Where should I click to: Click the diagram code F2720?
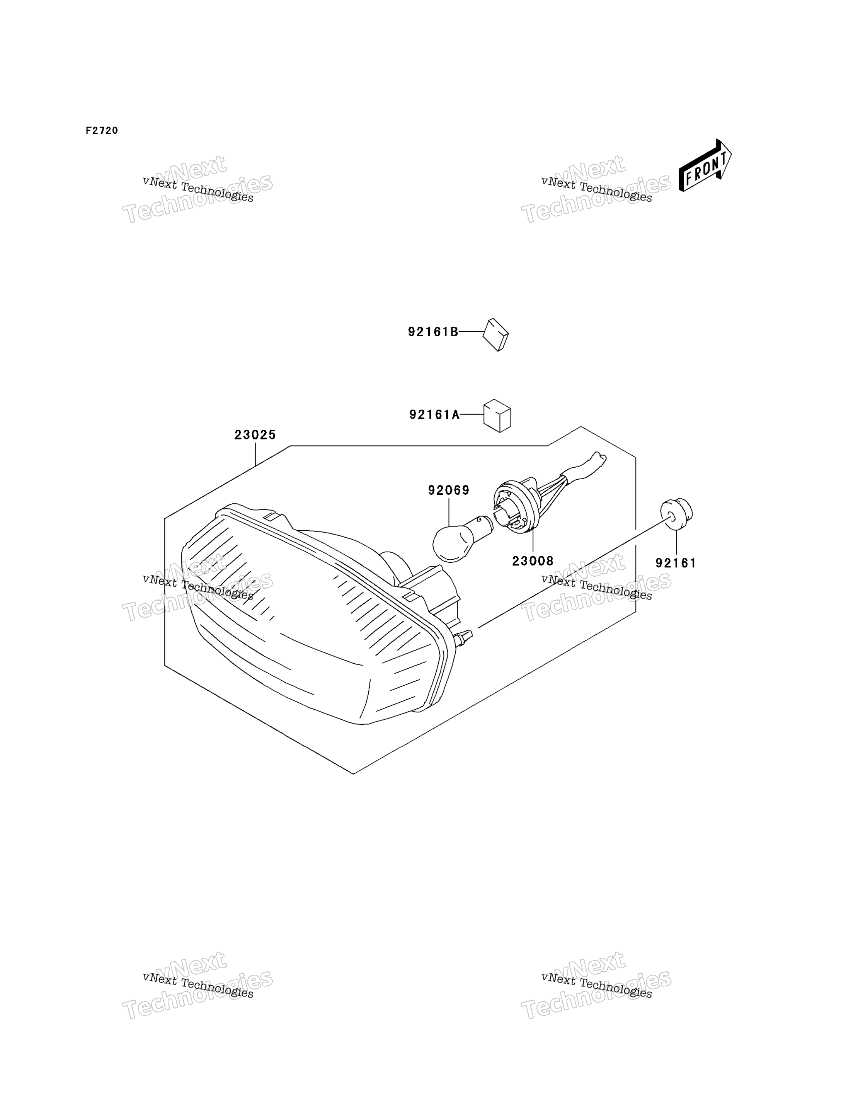[102, 130]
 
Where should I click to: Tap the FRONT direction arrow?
[705, 165]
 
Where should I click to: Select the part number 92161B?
[433, 332]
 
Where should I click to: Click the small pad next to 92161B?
[495, 334]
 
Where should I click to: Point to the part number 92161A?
[434, 414]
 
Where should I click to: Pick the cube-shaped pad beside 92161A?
[497, 416]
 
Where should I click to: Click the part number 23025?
[255, 434]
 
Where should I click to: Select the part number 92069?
[449, 490]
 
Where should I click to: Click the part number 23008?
[533, 560]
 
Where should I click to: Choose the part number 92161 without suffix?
[676, 563]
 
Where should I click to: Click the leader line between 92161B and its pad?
[471, 332]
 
